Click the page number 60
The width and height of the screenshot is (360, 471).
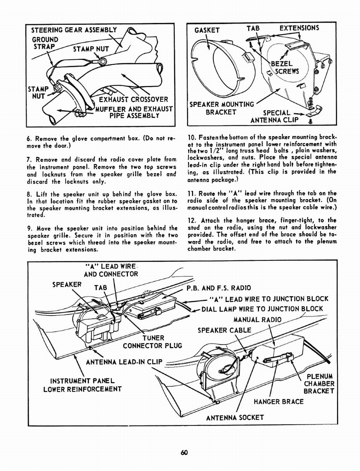(184, 452)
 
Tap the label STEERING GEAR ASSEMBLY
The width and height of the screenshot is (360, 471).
(74, 30)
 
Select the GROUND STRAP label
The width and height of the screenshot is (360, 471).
(45, 43)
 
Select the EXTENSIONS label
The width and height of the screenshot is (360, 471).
(299, 28)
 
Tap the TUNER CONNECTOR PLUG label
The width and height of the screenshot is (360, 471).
(152, 342)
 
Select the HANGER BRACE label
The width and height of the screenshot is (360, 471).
(279, 402)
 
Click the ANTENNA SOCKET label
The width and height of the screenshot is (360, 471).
(234, 417)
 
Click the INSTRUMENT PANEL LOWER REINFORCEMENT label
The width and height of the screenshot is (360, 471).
(82, 385)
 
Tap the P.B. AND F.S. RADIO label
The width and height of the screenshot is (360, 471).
(218, 288)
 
